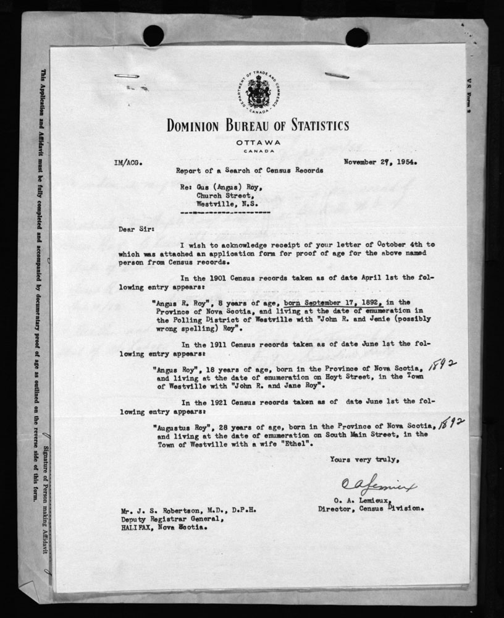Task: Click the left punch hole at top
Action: [153, 36]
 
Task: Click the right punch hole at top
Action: [357, 37]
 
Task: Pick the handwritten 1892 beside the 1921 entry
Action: [452, 422]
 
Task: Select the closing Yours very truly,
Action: [359, 459]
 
